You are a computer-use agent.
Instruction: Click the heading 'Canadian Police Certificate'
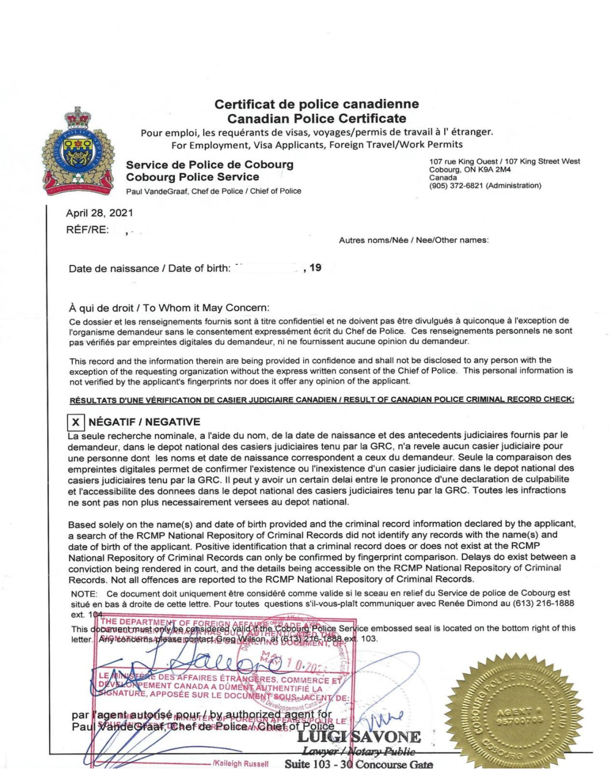click(x=316, y=118)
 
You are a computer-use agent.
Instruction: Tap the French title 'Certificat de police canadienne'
click(x=316, y=104)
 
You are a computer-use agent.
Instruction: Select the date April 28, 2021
click(x=100, y=213)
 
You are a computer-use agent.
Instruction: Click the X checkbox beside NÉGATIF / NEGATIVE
click(x=76, y=423)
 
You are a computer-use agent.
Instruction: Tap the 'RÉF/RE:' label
click(x=87, y=230)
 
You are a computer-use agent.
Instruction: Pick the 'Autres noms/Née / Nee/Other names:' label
click(x=414, y=240)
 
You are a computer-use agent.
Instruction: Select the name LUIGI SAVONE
click(x=359, y=737)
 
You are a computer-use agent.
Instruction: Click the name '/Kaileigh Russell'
click(x=241, y=763)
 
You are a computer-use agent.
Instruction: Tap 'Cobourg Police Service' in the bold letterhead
click(x=192, y=177)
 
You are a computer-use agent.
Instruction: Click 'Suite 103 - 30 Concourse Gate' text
click(x=358, y=764)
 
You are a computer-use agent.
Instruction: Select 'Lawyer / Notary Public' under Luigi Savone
click(x=358, y=751)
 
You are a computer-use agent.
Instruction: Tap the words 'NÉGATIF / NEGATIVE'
click(x=144, y=422)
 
